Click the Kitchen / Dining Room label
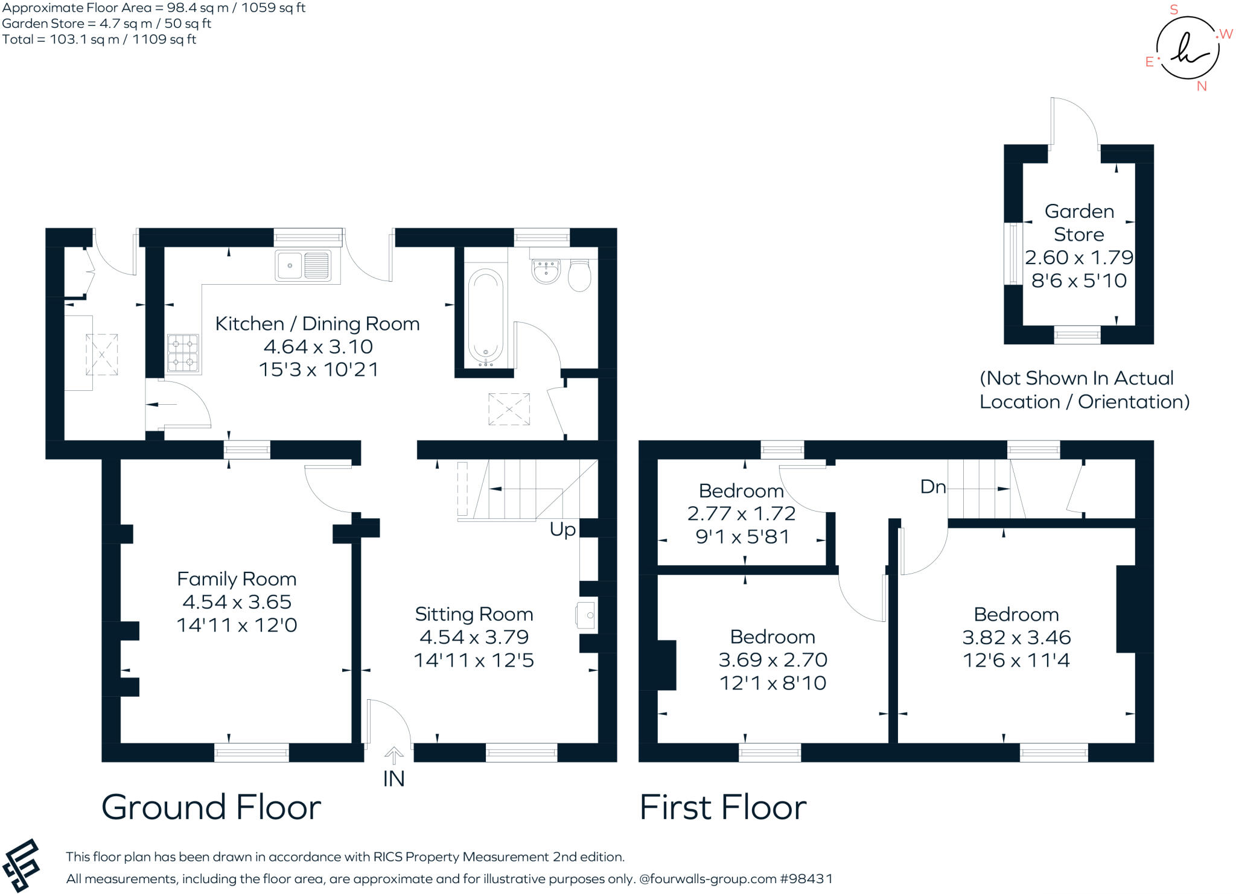(x=317, y=324)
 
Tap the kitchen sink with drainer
(x=303, y=265)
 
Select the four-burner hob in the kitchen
(x=183, y=353)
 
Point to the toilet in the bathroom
(x=579, y=275)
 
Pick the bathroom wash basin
(x=546, y=271)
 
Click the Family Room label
(x=237, y=579)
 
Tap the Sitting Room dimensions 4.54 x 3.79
(x=474, y=637)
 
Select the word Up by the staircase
(x=562, y=529)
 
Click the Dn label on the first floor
(x=933, y=486)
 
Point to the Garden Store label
(x=1079, y=223)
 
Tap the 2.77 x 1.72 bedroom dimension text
(x=741, y=513)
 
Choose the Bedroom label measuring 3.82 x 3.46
(x=1016, y=614)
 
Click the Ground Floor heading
(x=211, y=807)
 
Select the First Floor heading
(x=723, y=807)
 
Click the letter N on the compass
(x=1202, y=86)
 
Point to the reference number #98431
(x=806, y=879)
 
